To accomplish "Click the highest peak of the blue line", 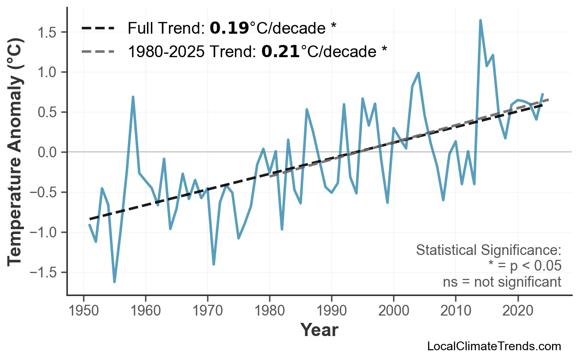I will (x=480, y=21).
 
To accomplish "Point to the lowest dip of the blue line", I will (x=114, y=281).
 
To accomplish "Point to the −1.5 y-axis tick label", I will (x=45, y=273).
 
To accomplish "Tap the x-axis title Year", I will (x=319, y=330).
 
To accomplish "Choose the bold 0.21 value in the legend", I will (x=280, y=51).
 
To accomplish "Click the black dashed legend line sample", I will (x=98, y=28).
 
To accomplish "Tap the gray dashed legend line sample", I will (x=98, y=51).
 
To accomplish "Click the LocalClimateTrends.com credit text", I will (x=494, y=346).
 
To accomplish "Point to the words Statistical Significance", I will (x=488, y=251).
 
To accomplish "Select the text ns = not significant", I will (x=501, y=282).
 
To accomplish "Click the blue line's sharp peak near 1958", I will (x=133, y=97).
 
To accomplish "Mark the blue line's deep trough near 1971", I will (x=214, y=264).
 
